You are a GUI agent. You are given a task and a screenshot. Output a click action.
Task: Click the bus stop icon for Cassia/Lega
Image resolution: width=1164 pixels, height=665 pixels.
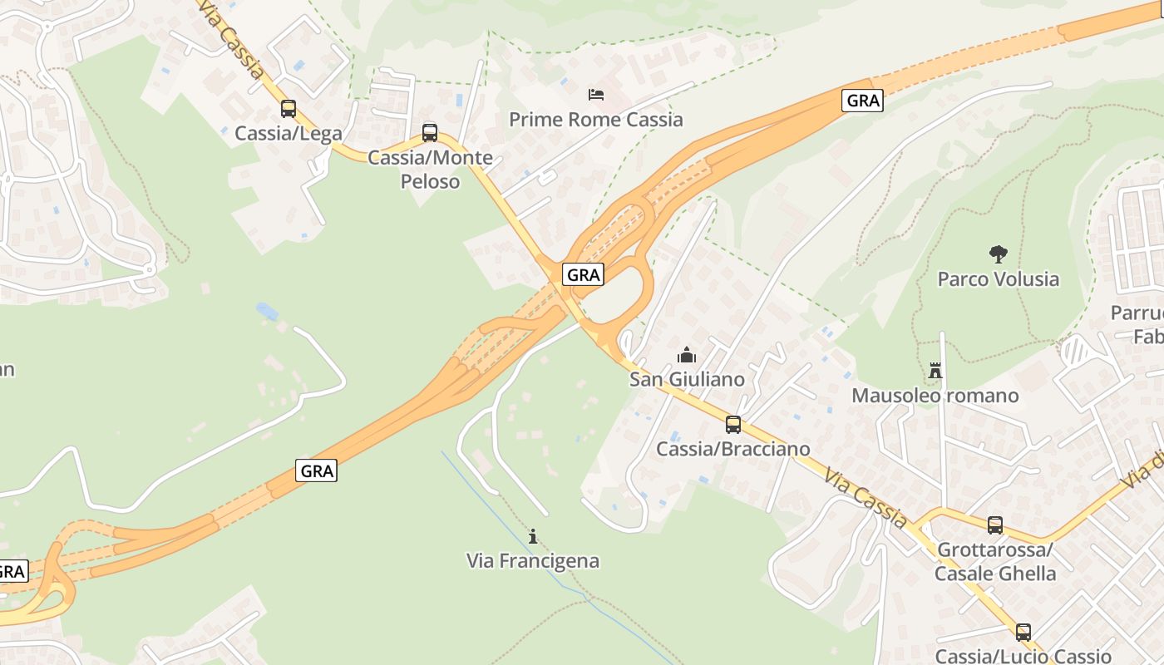[x=289, y=109]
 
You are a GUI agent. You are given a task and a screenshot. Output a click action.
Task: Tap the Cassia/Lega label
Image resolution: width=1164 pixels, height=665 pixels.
[x=289, y=133]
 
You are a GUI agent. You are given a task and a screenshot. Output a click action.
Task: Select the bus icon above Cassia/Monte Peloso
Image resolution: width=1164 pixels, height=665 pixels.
[x=430, y=132]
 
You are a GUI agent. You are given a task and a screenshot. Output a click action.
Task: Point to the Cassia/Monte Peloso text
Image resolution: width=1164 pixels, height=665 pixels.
[x=430, y=169]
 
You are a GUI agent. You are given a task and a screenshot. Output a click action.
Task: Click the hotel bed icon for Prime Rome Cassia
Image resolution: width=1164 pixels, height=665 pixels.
[x=596, y=95]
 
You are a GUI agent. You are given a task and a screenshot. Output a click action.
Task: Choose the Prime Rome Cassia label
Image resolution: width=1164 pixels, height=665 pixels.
[x=596, y=120]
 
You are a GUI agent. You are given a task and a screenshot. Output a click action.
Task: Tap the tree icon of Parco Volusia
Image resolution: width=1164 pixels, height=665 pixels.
[x=998, y=254]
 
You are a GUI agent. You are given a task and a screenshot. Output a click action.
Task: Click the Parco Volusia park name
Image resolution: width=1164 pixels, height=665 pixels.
[x=998, y=278]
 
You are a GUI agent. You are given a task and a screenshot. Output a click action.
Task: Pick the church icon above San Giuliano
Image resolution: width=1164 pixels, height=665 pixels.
[x=687, y=356]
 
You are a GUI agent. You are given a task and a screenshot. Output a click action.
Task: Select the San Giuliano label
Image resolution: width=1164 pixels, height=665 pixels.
[x=687, y=380]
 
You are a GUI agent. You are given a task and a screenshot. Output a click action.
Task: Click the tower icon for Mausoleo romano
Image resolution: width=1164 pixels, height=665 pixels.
[x=935, y=371]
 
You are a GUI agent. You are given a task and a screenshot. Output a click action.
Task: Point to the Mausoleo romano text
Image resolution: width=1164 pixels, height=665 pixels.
[x=935, y=396]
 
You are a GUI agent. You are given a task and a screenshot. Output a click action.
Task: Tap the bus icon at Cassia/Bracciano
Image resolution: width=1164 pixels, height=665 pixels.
[x=733, y=425]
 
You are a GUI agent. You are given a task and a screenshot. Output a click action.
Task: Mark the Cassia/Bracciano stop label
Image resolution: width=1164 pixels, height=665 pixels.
[x=733, y=450]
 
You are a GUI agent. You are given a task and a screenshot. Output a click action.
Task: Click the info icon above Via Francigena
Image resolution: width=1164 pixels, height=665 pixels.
[x=533, y=536]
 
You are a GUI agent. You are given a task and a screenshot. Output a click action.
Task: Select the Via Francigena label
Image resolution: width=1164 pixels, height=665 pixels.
[x=533, y=561]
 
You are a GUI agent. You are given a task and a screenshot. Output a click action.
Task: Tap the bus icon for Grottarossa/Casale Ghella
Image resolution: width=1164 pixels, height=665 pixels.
[x=995, y=525]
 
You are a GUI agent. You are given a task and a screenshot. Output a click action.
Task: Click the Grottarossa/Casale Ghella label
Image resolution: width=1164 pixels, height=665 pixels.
[x=995, y=562]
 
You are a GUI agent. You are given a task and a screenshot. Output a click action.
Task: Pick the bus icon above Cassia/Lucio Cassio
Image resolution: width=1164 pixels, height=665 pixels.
[x=1023, y=632]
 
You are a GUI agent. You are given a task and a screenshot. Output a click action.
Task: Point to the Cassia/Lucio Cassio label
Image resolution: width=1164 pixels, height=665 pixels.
[x=1023, y=656]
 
